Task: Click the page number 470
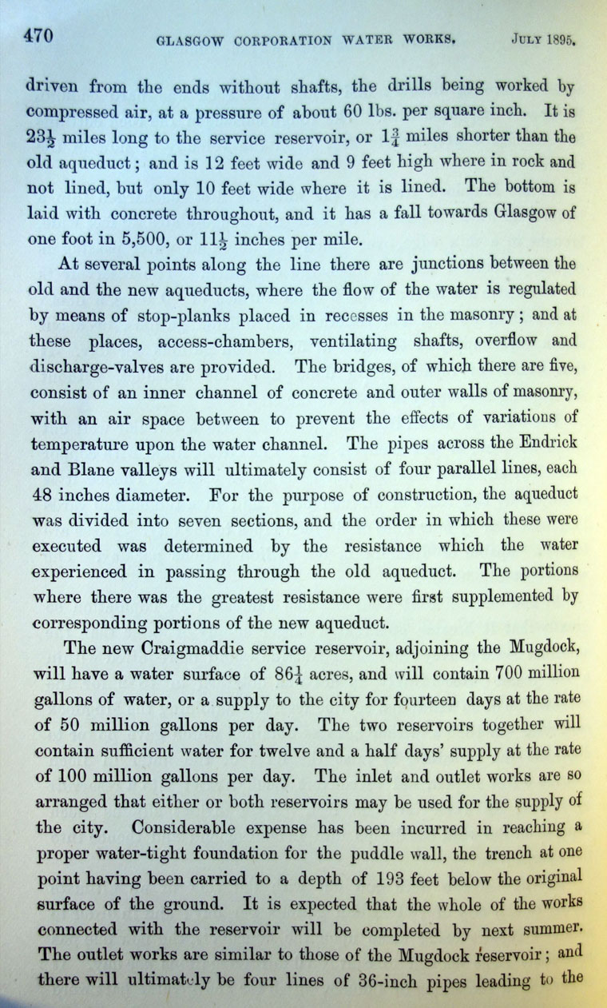tap(38, 35)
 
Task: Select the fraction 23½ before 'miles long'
tap(47, 137)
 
